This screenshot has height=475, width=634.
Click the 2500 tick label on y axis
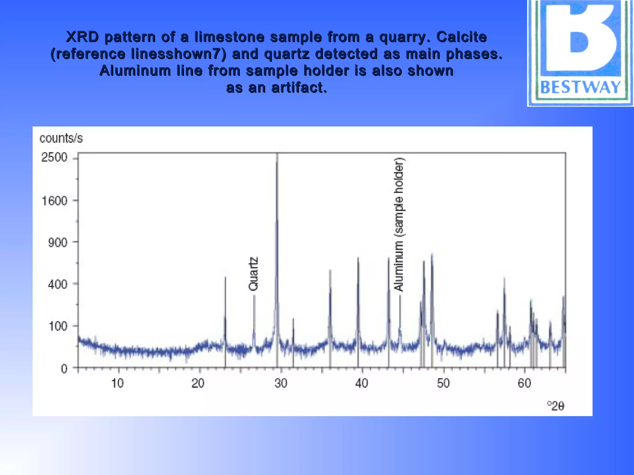point(54,157)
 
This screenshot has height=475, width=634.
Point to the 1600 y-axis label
point(54,201)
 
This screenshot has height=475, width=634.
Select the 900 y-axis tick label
point(58,243)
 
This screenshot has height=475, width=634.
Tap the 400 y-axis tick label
point(58,284)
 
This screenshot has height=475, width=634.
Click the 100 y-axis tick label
point(58,326)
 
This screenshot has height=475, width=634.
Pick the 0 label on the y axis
point(64,369)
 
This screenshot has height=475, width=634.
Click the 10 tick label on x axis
point(117,383)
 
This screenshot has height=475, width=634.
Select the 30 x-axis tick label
point(281,383)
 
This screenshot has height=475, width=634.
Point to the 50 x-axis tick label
point(443,383)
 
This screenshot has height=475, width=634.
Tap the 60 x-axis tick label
point(524,383)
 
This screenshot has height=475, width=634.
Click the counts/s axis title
point(61,138)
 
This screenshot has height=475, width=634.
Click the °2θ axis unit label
point(556,406)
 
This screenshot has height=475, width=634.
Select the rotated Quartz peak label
point(253,274)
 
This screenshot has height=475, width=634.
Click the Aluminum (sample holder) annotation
point(399,225)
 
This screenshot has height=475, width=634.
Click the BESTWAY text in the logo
point(580,87)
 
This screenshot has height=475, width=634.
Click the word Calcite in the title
point(461,37)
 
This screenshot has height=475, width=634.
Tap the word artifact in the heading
point(299,88)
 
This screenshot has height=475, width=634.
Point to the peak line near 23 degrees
point(225,309)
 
